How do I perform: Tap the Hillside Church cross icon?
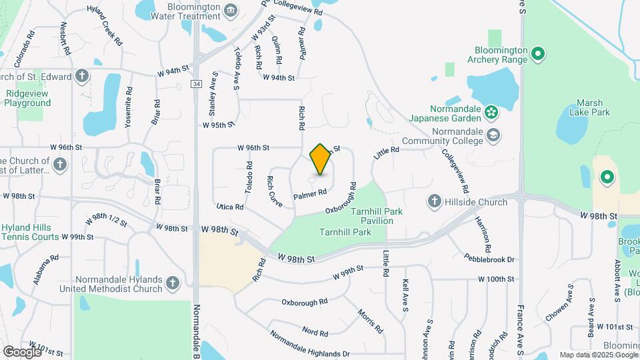[x=434, y=201]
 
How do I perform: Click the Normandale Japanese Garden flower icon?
[x=491, y=111]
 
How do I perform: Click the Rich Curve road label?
[x=274, y=190]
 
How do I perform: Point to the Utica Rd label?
[x=229, y=207]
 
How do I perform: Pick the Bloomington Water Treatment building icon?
[x=231, y=9]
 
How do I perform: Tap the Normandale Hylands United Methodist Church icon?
[x=173, y=283]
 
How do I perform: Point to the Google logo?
[x=22, y=351]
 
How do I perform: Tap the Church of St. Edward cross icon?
[x=81, y=75]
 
